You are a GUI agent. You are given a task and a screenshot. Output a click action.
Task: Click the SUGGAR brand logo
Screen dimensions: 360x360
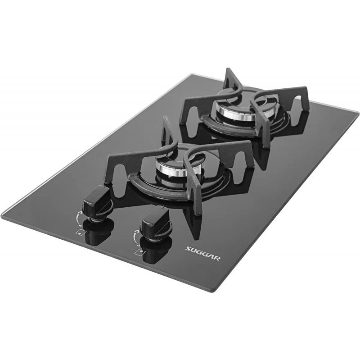(203, 253)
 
